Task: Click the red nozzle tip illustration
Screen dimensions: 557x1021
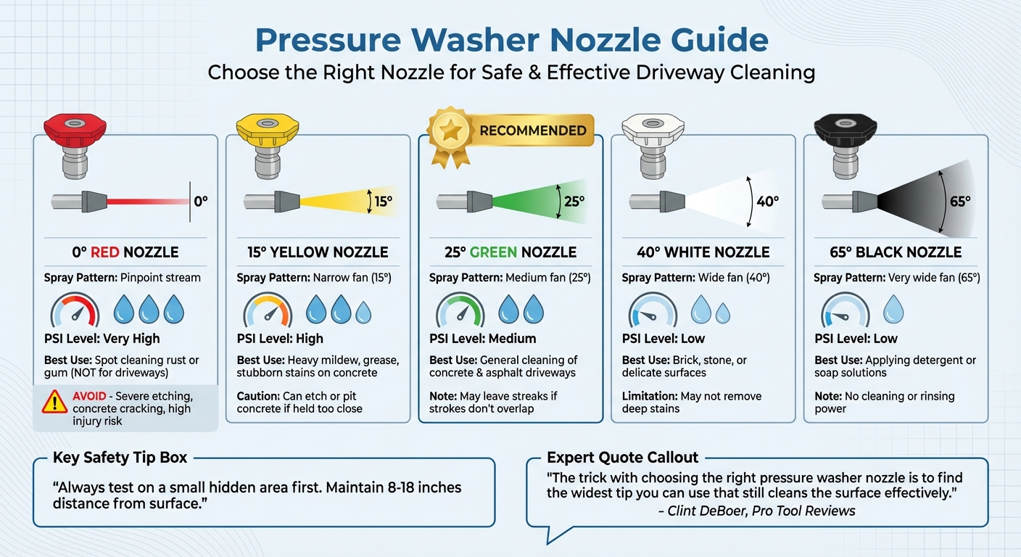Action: coord(74,145)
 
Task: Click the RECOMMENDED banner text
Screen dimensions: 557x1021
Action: coord(532,131)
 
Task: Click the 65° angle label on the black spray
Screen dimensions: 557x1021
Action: coord(959,201)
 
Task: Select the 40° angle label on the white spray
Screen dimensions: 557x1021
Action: coord(766,201)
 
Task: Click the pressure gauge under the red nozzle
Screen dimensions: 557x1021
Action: coord(75,311)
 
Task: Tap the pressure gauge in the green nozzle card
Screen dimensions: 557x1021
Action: coord(460,311)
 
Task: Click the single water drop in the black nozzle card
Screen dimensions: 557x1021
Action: coord(894,310)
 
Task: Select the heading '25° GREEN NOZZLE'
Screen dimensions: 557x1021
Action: coord(510,252)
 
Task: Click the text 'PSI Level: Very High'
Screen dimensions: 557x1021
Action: coord(102,339)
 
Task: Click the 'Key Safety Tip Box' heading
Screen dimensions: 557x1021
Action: coord(120,458)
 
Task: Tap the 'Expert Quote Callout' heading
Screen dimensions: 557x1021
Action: coord(622,458)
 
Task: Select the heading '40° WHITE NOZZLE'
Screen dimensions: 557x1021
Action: coord(703,252)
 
